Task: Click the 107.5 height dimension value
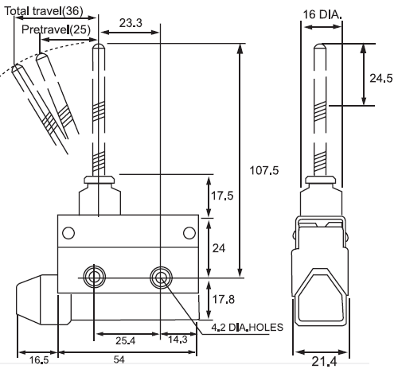tap(264, 170)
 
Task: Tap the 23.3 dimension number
tap(131, 23)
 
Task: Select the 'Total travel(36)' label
tap(44, 11)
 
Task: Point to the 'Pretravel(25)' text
tap(56, 29)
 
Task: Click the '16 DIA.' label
tap(322, 14)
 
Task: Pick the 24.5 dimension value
tap(381, 78)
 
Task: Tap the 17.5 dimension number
tap(222, 196)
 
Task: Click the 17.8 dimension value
tap(224, 299)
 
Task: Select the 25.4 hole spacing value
tap(125, 340)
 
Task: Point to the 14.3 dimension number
tap(178, 340)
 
